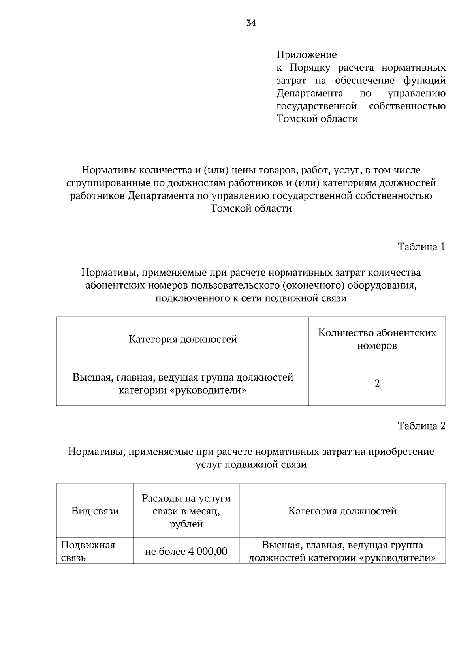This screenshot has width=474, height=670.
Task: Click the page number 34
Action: point(251,23)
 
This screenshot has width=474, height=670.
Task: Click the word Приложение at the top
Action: point(307,54)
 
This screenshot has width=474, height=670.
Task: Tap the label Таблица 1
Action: point(421,247)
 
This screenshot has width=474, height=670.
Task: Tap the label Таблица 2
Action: point(421,426)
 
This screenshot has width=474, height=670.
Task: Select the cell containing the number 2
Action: point(377,383)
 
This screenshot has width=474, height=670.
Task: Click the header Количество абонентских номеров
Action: point(377,339)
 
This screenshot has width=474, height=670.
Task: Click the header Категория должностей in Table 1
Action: point(182,339)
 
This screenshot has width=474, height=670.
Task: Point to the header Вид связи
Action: point(95,511)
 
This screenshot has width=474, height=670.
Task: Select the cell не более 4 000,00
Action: point(186,552)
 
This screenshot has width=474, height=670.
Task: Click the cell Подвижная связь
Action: point(88,552)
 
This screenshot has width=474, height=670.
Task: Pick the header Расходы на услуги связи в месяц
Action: point(186,511)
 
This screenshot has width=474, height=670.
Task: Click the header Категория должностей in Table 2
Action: point(342,511)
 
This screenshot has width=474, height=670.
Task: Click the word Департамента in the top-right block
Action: point(310,93)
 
